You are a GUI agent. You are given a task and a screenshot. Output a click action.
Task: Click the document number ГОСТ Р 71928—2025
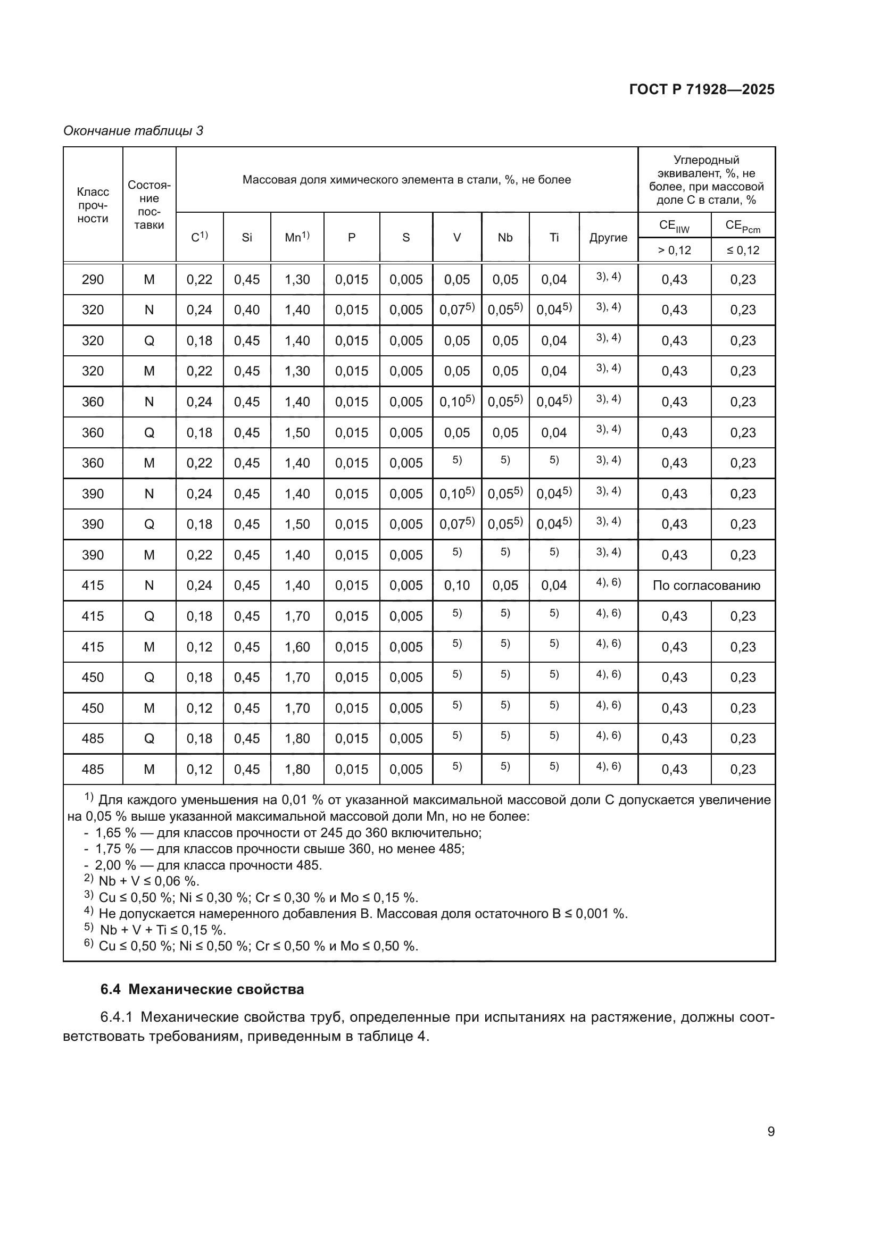pos(702,90)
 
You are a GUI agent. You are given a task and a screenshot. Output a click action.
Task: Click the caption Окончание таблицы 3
pos(134,131)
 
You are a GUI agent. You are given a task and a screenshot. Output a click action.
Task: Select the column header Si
pos(246,237)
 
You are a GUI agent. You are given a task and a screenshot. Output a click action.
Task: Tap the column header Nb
pos(504,237)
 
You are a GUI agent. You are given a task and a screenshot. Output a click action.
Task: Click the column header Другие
pos(608,237)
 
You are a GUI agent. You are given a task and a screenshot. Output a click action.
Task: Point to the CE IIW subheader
pos(674,226)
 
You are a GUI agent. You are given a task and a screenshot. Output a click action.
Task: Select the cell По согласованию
pos(706,585)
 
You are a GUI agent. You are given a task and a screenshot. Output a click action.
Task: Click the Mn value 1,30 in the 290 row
pos(297,280)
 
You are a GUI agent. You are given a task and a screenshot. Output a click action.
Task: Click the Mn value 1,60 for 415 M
pos(297,646)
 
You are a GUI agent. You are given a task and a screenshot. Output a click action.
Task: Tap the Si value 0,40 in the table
pos(246,310)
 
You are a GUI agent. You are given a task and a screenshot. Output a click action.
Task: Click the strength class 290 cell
pos(93,280)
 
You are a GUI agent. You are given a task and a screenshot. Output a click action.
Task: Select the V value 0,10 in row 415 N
pos(456,585)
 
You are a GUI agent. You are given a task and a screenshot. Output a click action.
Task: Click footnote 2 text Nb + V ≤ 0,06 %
pos(148,880)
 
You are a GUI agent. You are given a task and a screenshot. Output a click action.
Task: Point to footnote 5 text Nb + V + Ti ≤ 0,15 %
pos(163,930)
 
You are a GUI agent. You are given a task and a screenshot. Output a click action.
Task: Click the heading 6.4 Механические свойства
pos(202,989)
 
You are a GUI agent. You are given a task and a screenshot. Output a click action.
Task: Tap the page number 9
pos(770,1132)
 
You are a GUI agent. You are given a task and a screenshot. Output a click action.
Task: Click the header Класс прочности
pos(93,205)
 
